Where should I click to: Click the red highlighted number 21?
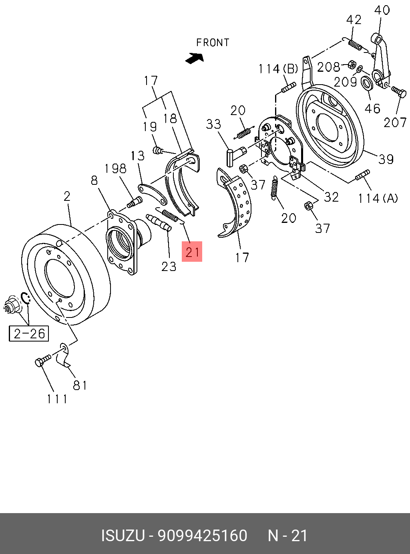[192, 252]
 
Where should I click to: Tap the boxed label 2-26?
[29, 334]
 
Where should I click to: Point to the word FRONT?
[213, 43]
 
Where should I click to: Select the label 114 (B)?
[278, 69]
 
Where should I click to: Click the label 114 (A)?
[378, 198]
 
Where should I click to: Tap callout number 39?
[386, 159]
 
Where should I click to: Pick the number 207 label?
[395, 122]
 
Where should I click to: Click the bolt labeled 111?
[42, 360]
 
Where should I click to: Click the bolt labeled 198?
[135, 202]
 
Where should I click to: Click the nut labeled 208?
[352, 65]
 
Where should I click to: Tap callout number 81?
[80, 385]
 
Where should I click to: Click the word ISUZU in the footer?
[123, 536]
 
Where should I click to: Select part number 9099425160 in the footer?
[203, 536]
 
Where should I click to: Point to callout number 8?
[94, 180]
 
